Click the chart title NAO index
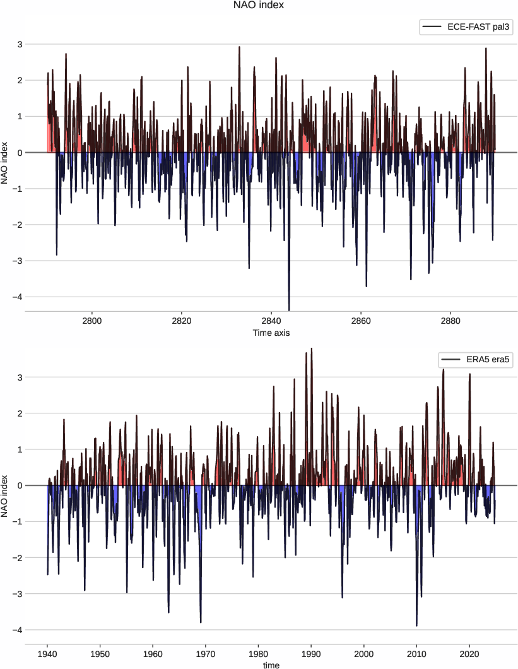(259, 6)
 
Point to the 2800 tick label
(92, 321)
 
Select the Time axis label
(271, 333)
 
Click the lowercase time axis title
(271, 665)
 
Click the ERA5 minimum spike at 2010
(416, 625)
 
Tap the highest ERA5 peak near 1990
(312, 349)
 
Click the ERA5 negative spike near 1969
(201, 622)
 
